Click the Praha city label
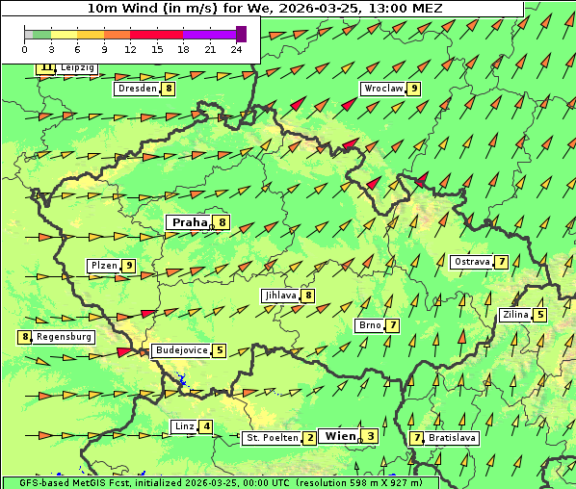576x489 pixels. tap(189, 222)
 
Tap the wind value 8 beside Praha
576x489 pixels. tap(222, 222)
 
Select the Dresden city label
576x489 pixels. tap(137, 89)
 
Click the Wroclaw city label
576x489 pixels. tap(382, 89)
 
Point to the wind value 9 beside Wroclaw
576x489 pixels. tap(413, 89)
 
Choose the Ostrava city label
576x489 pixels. tap(472, 262)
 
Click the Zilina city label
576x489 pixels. tap(516, 315)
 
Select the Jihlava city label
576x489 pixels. tap(280, 296)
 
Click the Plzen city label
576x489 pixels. tap(103, 266)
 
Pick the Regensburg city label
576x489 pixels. tap(65, 337)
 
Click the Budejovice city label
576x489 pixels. tap(181, 350)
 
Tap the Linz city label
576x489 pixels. tap(184, 426)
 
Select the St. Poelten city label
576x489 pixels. tap(271, 438)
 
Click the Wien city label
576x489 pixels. tap(340, 436)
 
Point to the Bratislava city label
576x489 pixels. tap(453, 438)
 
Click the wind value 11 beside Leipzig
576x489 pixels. tap(46, 68)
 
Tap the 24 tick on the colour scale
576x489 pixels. tap(236, 48)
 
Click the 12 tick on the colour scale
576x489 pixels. tap(129, 48)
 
